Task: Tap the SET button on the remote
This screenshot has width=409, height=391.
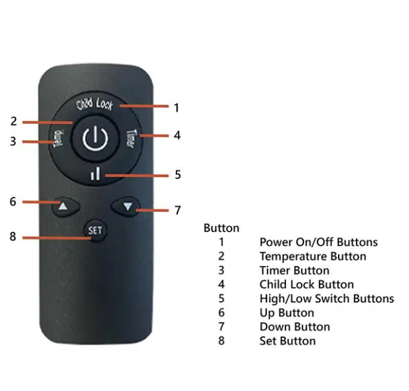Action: [95, 230]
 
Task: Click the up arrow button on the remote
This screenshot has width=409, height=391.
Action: [65, 207]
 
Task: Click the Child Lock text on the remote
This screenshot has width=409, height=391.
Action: [95, 104]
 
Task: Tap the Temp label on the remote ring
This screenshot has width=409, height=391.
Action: [59, 138]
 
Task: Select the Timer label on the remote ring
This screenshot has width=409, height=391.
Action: [131, 138]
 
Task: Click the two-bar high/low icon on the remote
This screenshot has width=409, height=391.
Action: [95, 173]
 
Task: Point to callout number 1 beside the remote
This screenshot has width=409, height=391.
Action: [176, 108]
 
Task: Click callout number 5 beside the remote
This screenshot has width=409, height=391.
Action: [177, 174]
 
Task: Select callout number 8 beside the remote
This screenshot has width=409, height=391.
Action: [13, 237]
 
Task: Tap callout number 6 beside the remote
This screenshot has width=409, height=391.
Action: [13, 202]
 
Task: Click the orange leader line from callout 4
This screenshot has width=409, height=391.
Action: [154, 136]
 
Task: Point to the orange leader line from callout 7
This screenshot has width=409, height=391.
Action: [152, 210]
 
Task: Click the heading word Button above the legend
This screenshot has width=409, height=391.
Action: [221, 228]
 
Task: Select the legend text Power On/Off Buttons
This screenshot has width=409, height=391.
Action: [318, 242]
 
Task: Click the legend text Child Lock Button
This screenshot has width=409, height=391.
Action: [307, 285]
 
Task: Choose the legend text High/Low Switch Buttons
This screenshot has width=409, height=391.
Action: [327, 299]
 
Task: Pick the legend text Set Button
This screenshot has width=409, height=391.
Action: [288, 341]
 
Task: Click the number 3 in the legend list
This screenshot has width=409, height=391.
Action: [221, 271]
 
